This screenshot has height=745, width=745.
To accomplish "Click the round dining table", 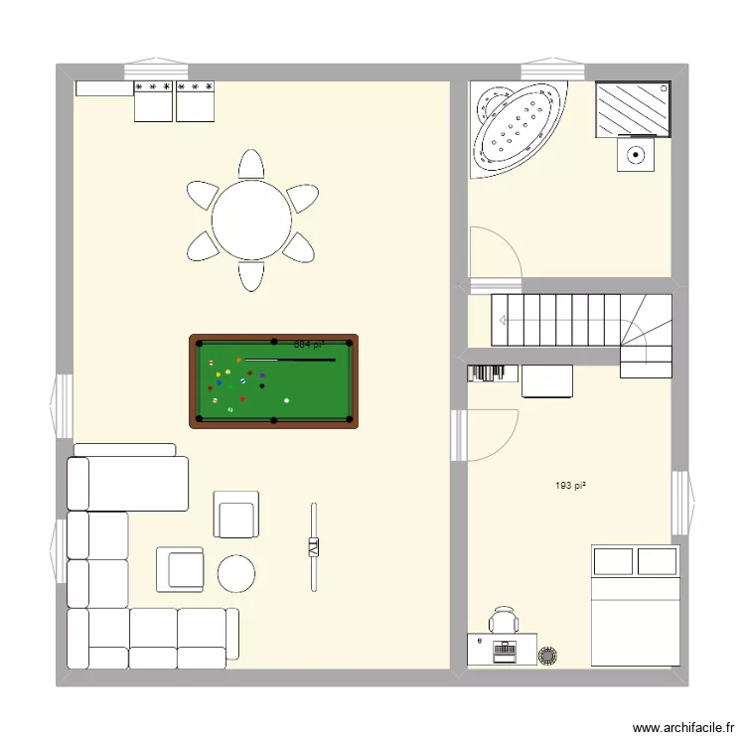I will [x=251, y=220].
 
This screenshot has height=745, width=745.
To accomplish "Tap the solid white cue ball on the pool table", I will [x=287, y=400].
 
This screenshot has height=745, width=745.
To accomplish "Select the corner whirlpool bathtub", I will [x=512, y=127].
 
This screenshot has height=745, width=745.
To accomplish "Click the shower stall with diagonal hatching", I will [x=633, y=108].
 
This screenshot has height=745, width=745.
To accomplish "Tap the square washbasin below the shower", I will [x=636, y=155].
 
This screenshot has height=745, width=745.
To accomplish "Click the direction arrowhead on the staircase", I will [x=504, y=320].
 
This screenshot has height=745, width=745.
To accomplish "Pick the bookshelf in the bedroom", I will [x=493, y=372].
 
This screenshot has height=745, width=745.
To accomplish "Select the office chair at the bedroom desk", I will [x=504, y=621].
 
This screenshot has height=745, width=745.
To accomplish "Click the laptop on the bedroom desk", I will [x=504, y=651].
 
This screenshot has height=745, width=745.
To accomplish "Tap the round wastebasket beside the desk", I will [x=547, y=655].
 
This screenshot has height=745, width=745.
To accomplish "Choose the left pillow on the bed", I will [x=613, y=561].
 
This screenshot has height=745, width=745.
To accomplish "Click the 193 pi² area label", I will [x=570, y=486].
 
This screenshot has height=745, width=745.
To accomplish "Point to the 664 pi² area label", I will [x=309, y=345].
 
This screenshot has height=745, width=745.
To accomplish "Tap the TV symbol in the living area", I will [x=314, y=546].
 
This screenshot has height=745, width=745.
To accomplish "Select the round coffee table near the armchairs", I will [x=236, y=572].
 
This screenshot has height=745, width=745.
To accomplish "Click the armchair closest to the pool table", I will [x=236, y=515].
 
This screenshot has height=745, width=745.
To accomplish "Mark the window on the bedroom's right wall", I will [x=683, y=503].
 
